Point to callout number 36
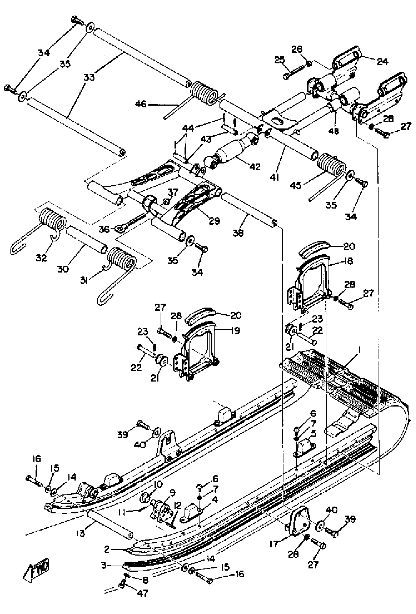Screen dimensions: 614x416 coord(104,229)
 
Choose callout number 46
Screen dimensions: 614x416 coord(140,104)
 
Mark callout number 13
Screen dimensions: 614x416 coord(80,532)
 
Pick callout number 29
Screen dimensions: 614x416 coord(214,220)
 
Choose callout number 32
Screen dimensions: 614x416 coord(41,258)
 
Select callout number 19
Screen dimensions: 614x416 coord(235,330)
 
